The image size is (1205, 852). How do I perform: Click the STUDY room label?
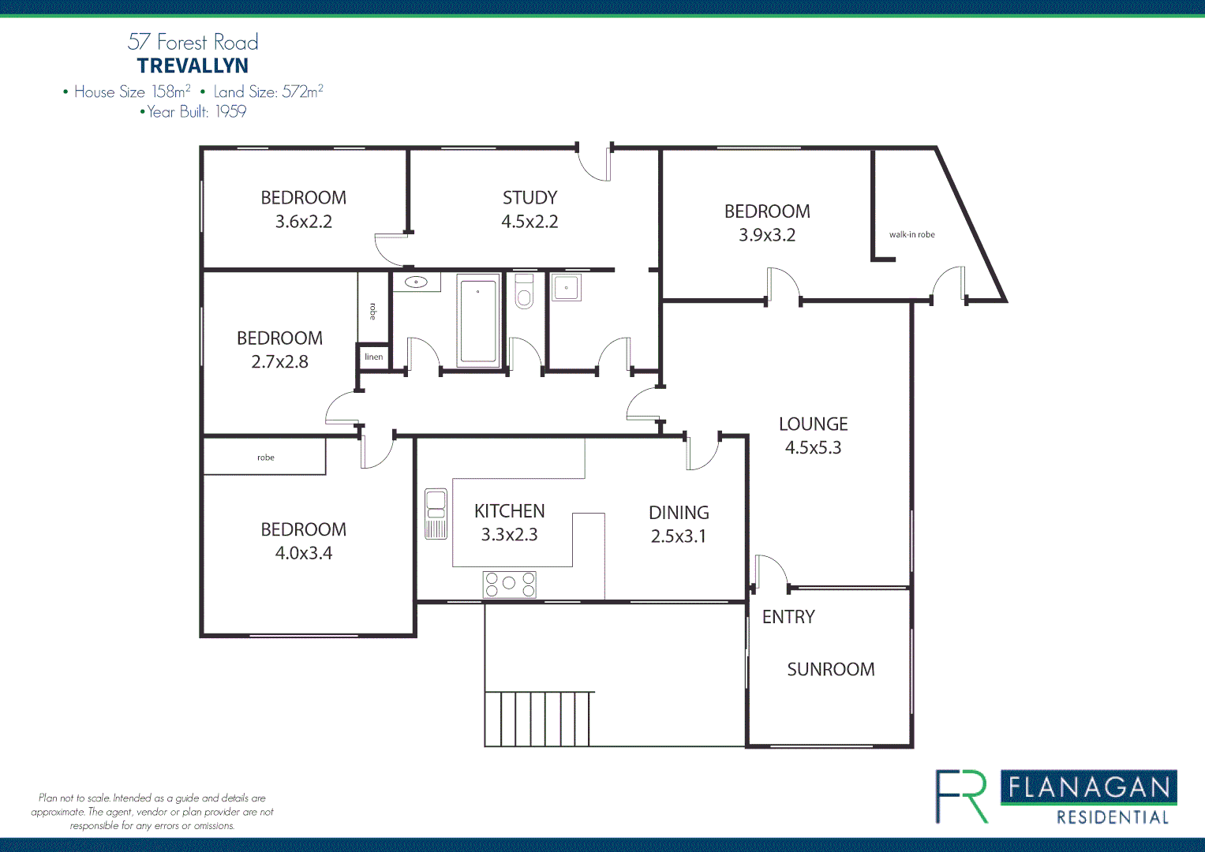(530, 198)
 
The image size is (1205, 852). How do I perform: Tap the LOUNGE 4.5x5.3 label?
(813, 435)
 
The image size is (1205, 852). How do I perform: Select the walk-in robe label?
(911, 234)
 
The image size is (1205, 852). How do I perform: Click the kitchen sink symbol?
(436, 514)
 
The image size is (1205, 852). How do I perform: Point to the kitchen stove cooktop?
(509, 585)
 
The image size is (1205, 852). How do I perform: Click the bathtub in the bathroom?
(478, 320)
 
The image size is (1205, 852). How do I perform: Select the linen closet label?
(373, 357)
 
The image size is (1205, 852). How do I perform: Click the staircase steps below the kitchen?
(538, 719)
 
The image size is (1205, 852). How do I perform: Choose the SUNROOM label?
(830, 669)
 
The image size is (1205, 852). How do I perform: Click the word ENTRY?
(788, 617)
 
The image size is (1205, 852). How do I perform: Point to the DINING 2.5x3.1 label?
(678, 524)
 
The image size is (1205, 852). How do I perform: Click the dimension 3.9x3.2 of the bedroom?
(766, 235)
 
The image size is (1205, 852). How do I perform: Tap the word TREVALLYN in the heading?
(193, 66)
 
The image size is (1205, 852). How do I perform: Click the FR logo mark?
(962, 797)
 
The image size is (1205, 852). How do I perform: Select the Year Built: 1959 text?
(193, 112)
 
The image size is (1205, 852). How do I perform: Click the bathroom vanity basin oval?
(416, 282)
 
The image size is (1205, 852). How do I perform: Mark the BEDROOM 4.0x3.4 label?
(303, 540)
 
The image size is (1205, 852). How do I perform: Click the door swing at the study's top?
(594, 163)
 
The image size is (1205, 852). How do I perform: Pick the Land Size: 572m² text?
(268, 92)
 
